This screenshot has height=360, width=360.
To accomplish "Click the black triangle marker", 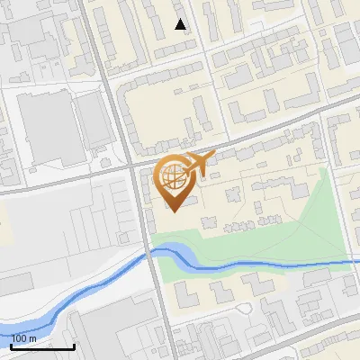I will (x=181, y=24).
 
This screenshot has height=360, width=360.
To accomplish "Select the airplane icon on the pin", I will (x=198, y=165).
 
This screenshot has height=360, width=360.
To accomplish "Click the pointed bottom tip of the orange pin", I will (x=174, y=211).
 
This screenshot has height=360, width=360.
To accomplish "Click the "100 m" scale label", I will (x=23, y=338).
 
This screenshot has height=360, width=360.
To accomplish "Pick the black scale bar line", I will (x=42, y=346).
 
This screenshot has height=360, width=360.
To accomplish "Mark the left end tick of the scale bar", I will (x=11, y=345).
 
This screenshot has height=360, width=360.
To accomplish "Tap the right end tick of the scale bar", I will (x=74, y=345).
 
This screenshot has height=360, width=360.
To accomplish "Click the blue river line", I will (x=270, y=265).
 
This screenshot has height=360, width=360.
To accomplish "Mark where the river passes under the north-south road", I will (x=150, y=256).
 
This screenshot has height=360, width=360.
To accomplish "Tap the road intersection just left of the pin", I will (x=136, y=166).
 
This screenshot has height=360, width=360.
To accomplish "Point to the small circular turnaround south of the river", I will (x=244, y=309).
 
